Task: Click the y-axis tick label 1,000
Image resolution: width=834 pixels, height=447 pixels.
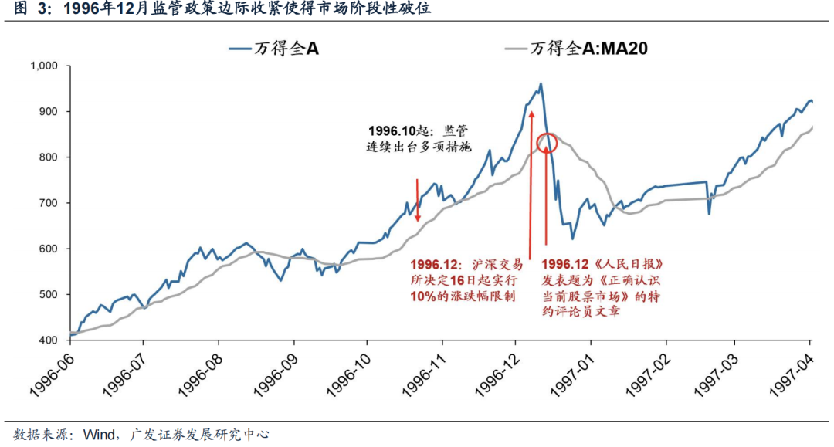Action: [45, 66]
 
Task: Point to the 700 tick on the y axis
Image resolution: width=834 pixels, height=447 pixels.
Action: [49, 203]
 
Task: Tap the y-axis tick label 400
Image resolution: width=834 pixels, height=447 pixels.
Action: [49, 340]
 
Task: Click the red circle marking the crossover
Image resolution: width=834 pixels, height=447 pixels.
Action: [547, 143]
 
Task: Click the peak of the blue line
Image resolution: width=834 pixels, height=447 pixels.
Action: [541, 83]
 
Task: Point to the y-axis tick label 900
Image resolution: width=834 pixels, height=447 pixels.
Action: [49, 112]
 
